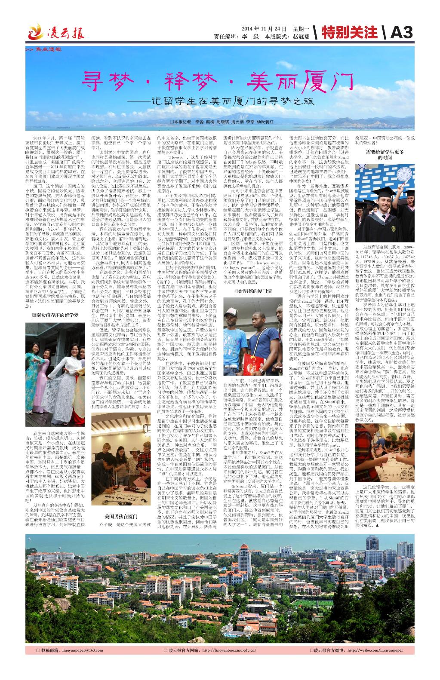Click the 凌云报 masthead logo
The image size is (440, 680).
click(56, 33)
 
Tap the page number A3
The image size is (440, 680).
click(402, 33)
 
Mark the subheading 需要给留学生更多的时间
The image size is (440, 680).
click(385, 155)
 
